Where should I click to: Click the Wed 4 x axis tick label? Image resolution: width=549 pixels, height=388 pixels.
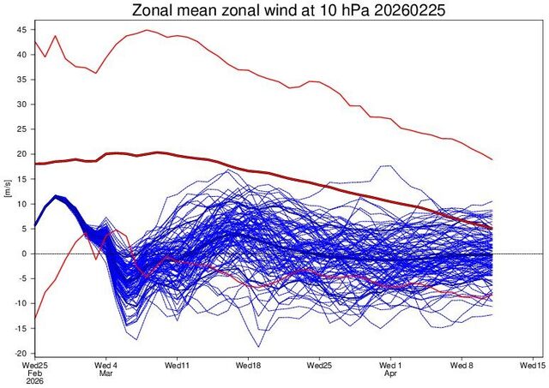coord(106,364)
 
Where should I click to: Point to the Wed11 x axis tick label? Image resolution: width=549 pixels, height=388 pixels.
coord(178,364)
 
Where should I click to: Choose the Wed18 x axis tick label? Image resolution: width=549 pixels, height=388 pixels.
coord(249,364)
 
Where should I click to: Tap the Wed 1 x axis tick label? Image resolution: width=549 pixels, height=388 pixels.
coord(391,364)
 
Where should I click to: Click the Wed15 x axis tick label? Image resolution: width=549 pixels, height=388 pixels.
coord(533,364)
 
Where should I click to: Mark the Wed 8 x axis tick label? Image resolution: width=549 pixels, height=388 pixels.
coord(462,364)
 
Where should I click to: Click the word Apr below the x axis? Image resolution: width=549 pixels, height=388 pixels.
coord(391,373)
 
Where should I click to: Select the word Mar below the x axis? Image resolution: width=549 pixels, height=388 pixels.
coord(106,373)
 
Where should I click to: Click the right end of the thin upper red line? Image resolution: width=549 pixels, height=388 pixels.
coord(492,159)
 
